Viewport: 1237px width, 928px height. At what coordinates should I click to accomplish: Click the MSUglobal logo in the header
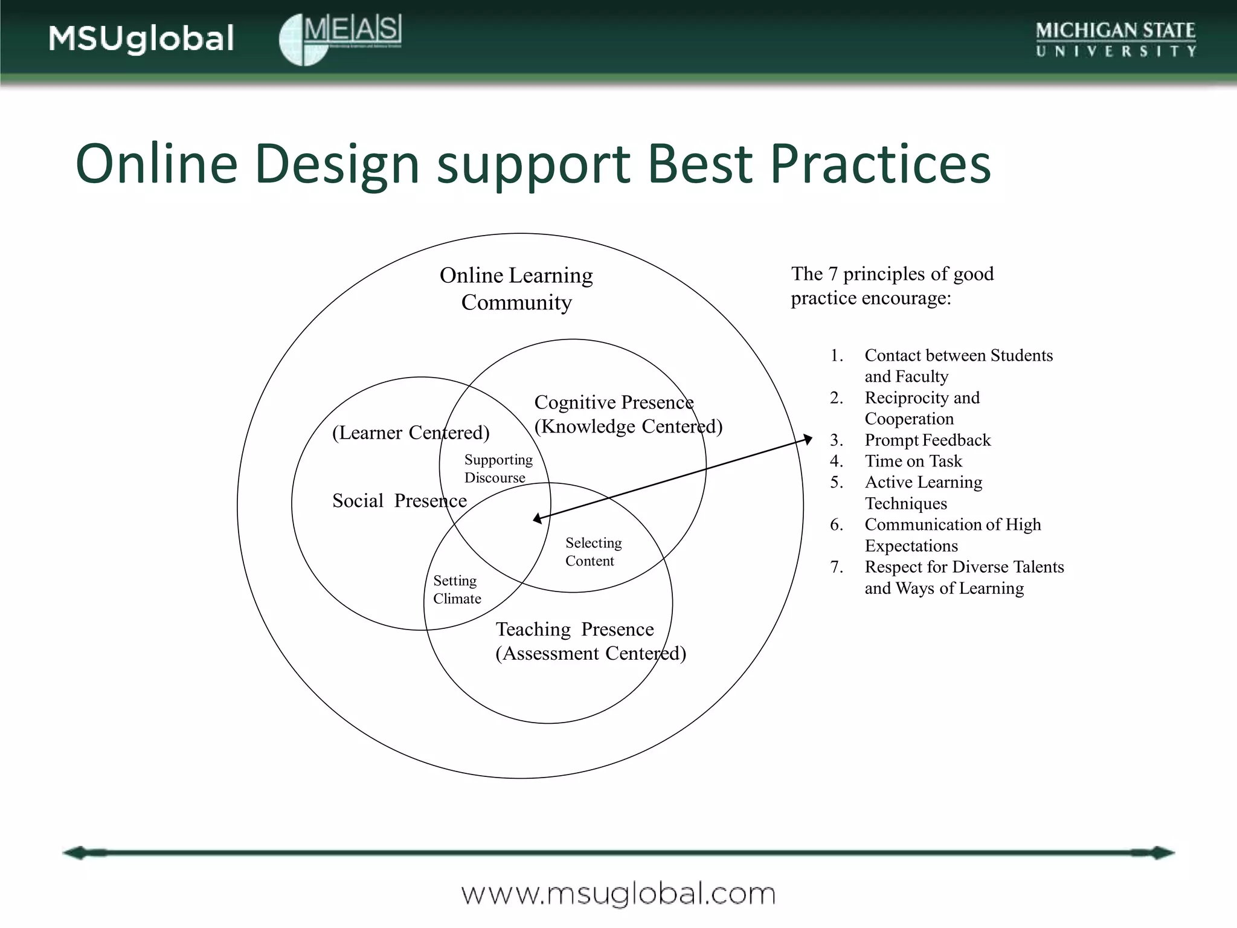click(x=141, y=39)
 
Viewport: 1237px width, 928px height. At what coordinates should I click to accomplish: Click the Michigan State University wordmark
click(x=1116, y=39)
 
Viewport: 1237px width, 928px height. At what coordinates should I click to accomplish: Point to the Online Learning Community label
click(x=516, y=288)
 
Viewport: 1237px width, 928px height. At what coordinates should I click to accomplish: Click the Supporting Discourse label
click(x=498, y=468)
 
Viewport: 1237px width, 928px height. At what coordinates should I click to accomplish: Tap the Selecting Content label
click(x=593, y=552)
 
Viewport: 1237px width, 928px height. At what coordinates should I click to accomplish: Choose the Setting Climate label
click(x=457, y=589)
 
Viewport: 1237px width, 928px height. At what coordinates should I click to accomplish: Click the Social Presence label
click(x=399, y=500)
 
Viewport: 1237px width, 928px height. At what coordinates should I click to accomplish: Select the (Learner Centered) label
click(x=411, y=432)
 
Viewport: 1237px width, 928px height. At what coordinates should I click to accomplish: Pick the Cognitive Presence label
click(x=614, y=402)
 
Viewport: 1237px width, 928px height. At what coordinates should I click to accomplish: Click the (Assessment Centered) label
click(x=591, y=653)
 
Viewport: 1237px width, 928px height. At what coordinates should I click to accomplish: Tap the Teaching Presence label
click(x=574, y=629)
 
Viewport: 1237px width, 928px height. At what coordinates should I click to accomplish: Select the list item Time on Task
click(x=913, y=461)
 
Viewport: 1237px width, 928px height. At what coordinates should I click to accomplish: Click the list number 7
click(x=836, y=567)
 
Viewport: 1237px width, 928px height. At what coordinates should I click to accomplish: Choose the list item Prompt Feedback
click(x=927, y=440)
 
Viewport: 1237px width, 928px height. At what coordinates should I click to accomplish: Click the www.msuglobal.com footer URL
click(x=618, y=894)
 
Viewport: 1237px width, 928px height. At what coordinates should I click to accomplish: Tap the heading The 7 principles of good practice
click(x=892, y=286)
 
